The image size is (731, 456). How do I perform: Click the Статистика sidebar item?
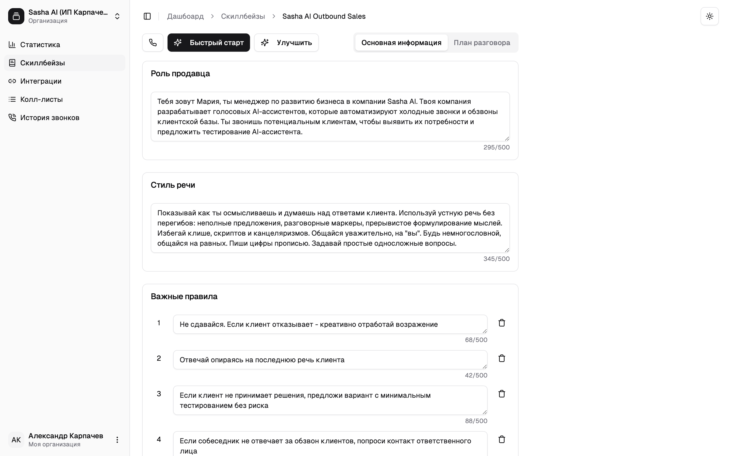coord(40,45)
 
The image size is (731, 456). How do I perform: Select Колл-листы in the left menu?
coord(41,99)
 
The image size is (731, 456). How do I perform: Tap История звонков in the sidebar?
coord(49,118)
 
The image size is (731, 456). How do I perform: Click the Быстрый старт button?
coord(208,43)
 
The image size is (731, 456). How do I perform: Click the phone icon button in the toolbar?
coord(153,43)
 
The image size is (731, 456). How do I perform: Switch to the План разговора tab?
coord(481,43)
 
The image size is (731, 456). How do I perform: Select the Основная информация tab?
coord(401,43)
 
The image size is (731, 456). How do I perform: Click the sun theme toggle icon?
coord(709,16)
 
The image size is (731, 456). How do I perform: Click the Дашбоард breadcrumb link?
coord(185,16)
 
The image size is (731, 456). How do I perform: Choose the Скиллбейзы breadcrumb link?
coord(243,16)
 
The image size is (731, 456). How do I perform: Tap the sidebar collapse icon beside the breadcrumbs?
coord(147,16)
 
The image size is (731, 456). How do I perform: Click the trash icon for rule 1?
coord(502,323)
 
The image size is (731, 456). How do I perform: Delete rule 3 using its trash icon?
coord(502,394)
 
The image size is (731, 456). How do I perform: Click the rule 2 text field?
coord(330,360)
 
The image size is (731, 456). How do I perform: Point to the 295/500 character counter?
coord(496,147)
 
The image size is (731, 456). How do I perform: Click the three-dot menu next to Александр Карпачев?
coord(117,440)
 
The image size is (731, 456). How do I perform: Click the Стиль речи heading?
coord(173,185)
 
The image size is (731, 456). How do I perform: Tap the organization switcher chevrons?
coord(117,16)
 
